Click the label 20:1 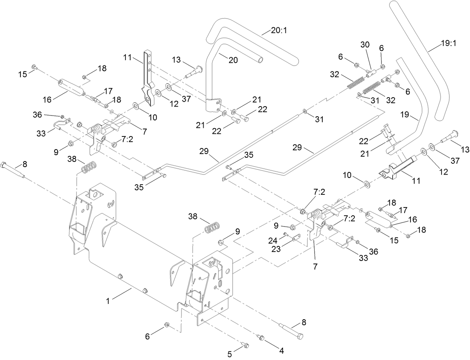(x=279, y=30)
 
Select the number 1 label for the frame (x=108, y=301)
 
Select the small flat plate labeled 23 (x=296, y=237)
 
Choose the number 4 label (x=281, y=351)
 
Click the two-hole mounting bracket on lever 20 (x=214, y=105)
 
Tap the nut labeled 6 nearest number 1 (x=167, y=324)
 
